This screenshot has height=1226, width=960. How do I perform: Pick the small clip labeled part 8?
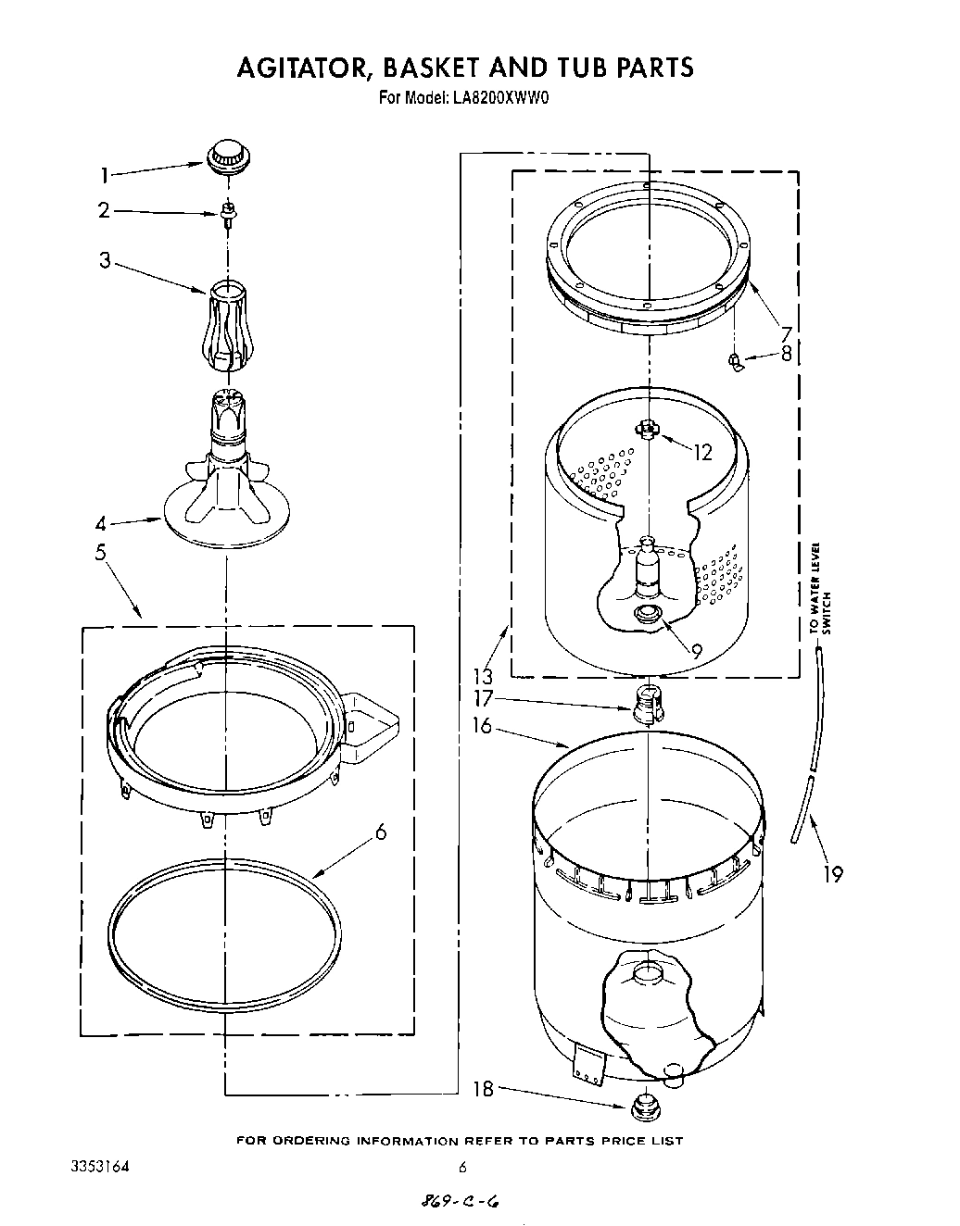[x=737, y=360]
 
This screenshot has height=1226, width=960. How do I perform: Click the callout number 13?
[x=483, y=675]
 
